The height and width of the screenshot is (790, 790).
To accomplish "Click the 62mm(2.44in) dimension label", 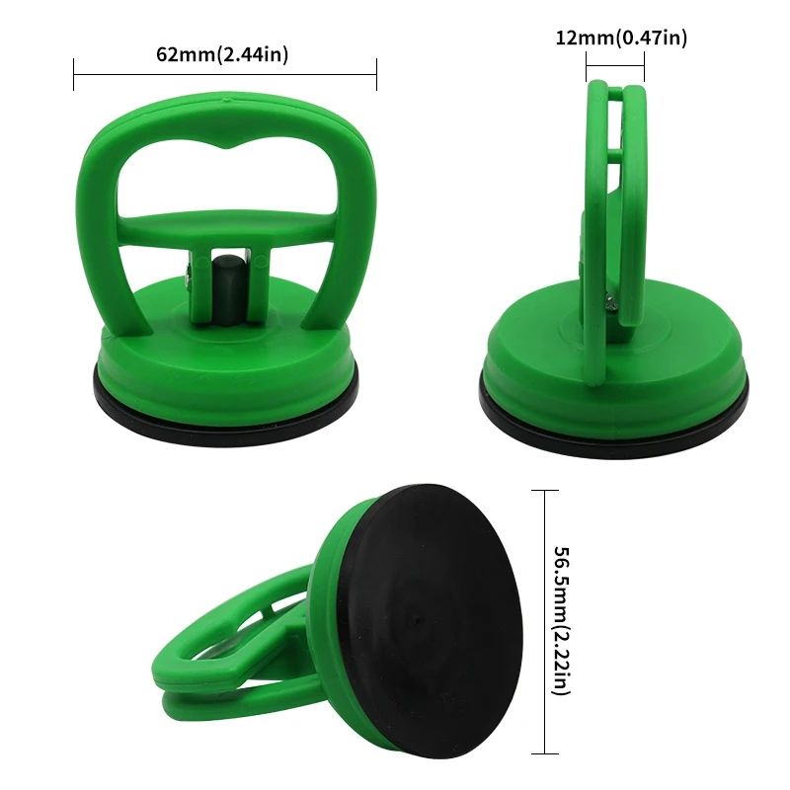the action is (222, 54).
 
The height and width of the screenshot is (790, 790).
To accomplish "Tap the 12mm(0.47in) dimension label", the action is (621, 38).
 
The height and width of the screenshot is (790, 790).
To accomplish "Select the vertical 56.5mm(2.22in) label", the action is (562, 620).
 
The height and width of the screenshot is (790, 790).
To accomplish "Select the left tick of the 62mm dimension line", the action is (74, 75).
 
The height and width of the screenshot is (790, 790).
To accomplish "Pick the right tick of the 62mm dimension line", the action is (376, 75).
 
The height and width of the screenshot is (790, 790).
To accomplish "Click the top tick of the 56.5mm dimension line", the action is (545, 490).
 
